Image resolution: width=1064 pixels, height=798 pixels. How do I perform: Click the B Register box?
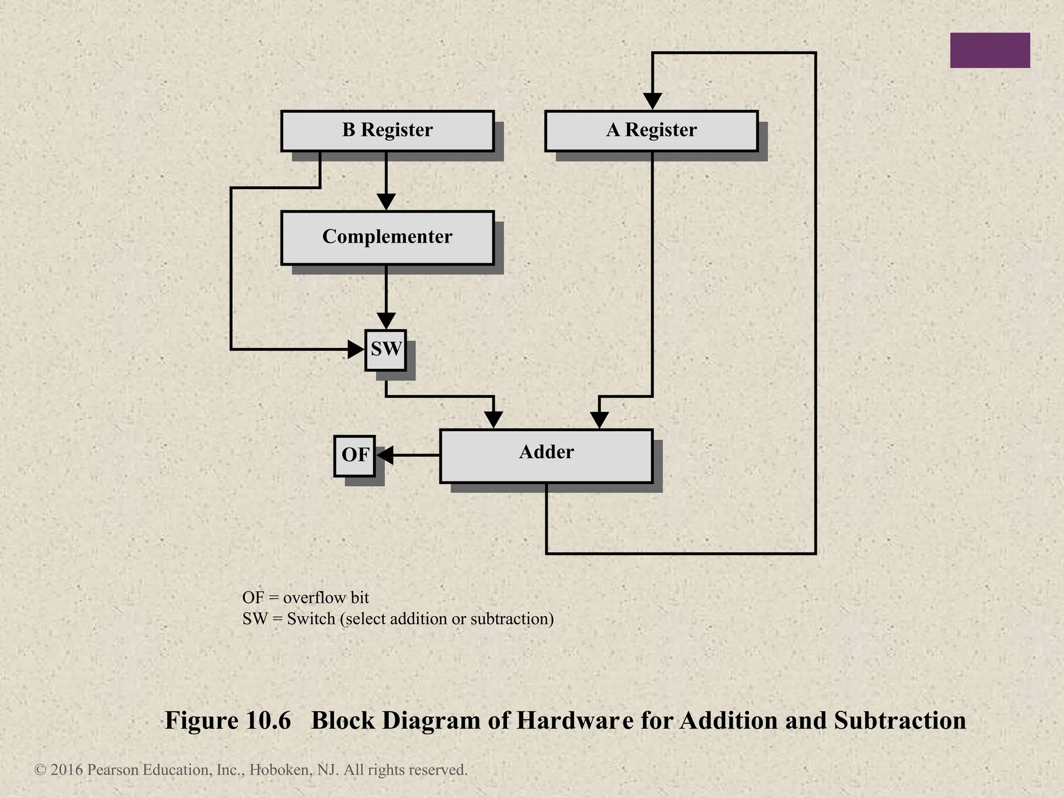pos(387,131)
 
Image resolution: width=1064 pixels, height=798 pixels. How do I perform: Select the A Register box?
pos(651,131)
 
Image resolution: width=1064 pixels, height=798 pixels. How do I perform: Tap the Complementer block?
pos(387,237)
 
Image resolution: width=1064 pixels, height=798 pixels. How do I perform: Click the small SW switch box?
pos(385,350)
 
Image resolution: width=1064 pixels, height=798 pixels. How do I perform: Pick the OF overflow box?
pos(354,456)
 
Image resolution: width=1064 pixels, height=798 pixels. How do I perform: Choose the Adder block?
pos(546,456)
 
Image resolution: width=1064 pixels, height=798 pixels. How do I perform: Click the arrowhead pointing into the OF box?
pos(384,456)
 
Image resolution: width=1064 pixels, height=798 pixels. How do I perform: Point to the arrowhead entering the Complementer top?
pos(386,202)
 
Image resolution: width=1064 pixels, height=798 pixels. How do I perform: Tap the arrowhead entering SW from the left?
pos(356,349)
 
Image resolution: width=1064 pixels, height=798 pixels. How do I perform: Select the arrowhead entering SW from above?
pos(386,321)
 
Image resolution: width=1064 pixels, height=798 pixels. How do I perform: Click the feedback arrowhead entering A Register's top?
pos(653,101)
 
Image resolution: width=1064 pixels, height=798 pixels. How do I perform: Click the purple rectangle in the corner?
pos(990,50)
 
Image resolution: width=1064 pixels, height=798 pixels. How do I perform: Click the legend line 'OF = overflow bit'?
pos(305,597)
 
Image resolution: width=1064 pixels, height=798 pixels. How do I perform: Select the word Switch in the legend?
pos(311,619)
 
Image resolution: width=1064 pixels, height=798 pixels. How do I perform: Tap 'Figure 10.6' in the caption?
pos(228,721)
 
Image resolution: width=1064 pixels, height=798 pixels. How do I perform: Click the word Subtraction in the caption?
pos(900,721)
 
